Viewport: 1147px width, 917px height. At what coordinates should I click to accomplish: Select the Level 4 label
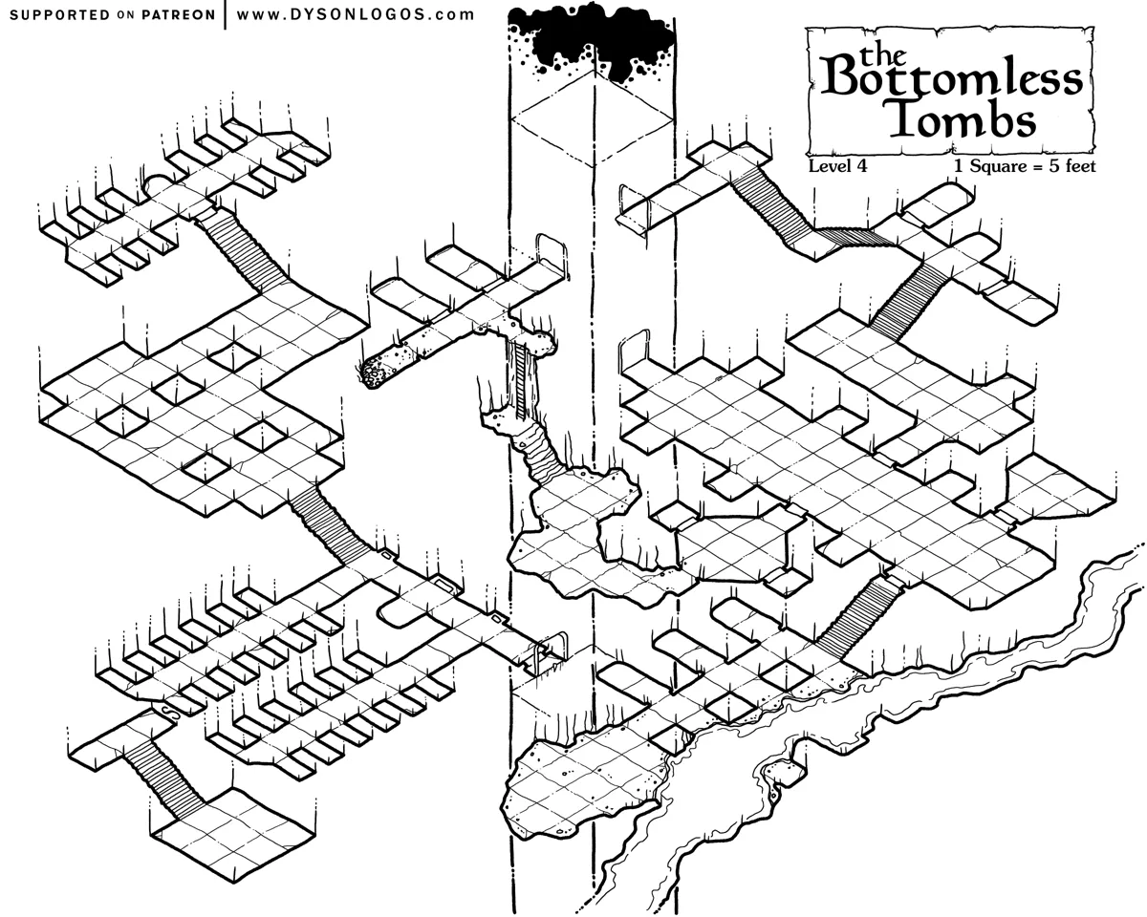837,165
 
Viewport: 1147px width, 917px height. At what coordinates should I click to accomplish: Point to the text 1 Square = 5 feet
1025,165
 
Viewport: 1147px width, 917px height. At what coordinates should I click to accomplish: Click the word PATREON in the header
178,15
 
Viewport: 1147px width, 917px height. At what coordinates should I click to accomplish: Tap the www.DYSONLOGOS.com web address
356,14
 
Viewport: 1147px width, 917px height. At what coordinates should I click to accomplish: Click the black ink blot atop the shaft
592,40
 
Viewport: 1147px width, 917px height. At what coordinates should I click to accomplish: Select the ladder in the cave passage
521,379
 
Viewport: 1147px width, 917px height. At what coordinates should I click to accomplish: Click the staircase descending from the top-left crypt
243,249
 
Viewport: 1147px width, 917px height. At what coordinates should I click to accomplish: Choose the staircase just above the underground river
858,619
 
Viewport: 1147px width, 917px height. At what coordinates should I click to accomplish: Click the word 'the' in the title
882,54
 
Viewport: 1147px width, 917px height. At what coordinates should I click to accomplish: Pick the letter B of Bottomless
840,75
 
